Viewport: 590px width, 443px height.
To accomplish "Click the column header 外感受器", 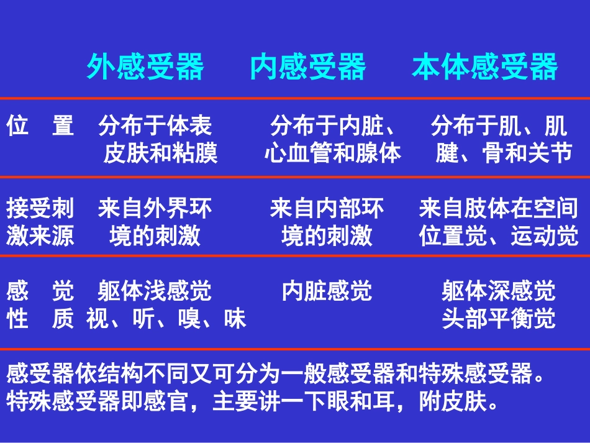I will point(145,67).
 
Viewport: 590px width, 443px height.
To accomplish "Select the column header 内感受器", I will point(308,67).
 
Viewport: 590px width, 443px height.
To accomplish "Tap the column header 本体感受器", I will point(485,67).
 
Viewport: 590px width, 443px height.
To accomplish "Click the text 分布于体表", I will point(155,126).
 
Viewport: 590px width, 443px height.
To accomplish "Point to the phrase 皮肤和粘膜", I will point(161,153).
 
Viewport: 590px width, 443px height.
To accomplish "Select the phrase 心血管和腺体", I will point(333,153).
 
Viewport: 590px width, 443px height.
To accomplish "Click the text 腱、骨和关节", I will point(504,153).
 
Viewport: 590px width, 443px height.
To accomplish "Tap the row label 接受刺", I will point(40,208).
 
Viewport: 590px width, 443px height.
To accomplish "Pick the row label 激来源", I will point(40,236).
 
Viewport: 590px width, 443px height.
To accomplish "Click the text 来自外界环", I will point(155,208).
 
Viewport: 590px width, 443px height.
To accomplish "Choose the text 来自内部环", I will point(327,208).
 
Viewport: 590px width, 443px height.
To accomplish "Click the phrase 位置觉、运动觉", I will point(499,236).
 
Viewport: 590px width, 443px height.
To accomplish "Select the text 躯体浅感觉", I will point(155,291).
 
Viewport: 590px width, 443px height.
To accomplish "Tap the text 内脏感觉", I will point(327,291).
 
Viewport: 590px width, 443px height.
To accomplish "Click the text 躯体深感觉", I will point(499,291).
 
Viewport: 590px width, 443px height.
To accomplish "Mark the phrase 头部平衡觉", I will point(499,319).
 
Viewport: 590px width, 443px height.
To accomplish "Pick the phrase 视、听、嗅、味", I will point(166,319).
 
